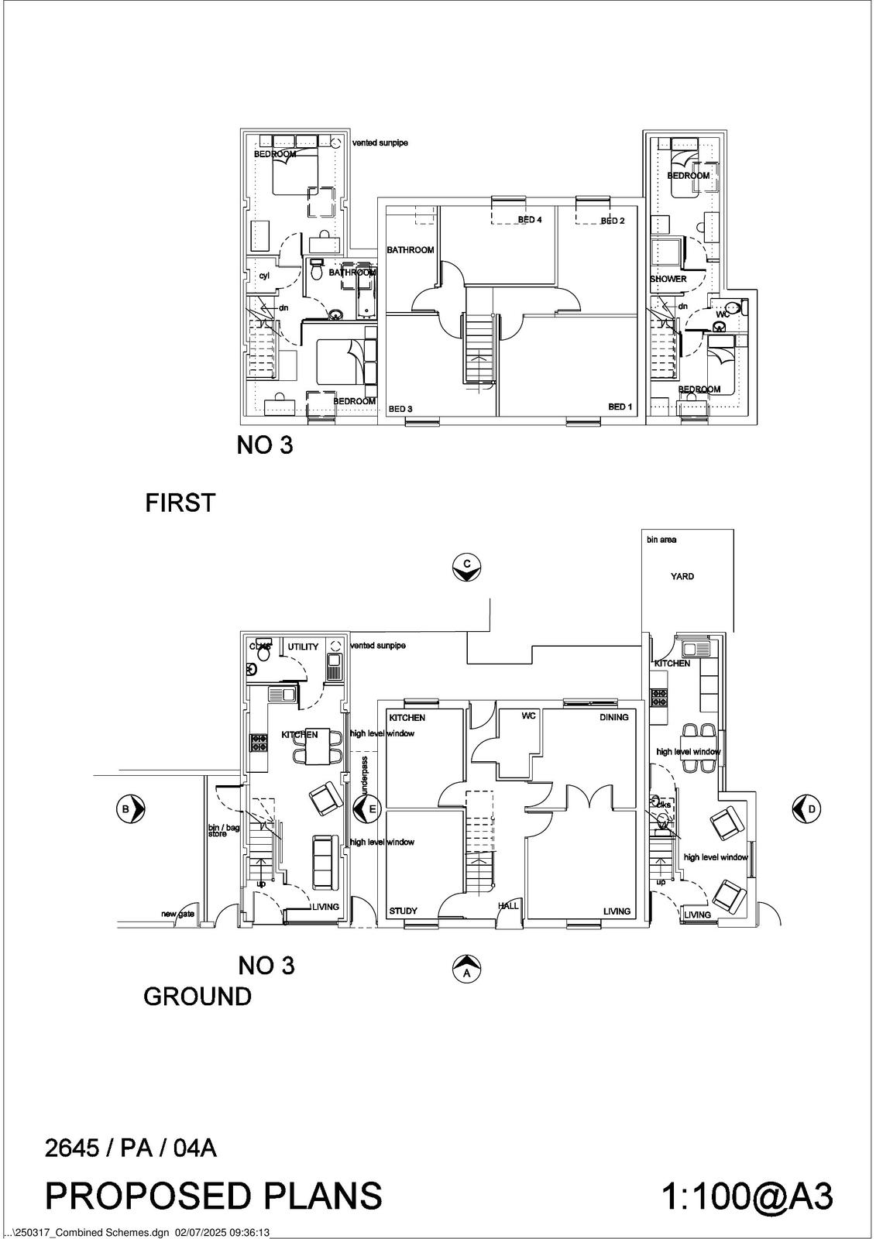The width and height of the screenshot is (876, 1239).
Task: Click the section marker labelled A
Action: click(466, 968)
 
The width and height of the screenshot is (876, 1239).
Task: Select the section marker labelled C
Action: click(467, 567)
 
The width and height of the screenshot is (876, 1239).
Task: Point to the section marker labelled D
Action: click(806, 808)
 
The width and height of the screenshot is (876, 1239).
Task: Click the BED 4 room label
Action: click(530, 220)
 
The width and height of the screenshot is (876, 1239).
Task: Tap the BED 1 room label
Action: click(620, 407)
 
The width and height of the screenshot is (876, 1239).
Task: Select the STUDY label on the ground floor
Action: click(403, 911)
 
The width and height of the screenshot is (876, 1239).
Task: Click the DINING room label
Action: click(613, 717)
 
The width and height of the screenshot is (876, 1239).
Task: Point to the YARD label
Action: click(682, 576)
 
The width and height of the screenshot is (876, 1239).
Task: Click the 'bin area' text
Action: click(661, 540)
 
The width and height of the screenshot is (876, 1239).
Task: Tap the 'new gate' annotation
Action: click(177, 914)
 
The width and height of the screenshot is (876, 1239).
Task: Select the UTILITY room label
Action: click(303, 647)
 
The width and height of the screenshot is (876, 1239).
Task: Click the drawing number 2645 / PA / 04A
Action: click(130, 1148)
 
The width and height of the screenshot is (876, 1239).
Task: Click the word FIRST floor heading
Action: click(180, 503)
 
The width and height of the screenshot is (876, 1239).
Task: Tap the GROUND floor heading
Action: click(198, 997)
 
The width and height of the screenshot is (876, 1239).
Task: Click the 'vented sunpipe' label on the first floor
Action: click(380, 143)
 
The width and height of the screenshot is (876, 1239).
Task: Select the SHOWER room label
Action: click(668, 279)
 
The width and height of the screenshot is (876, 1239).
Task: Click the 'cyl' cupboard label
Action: click(263, 276)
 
